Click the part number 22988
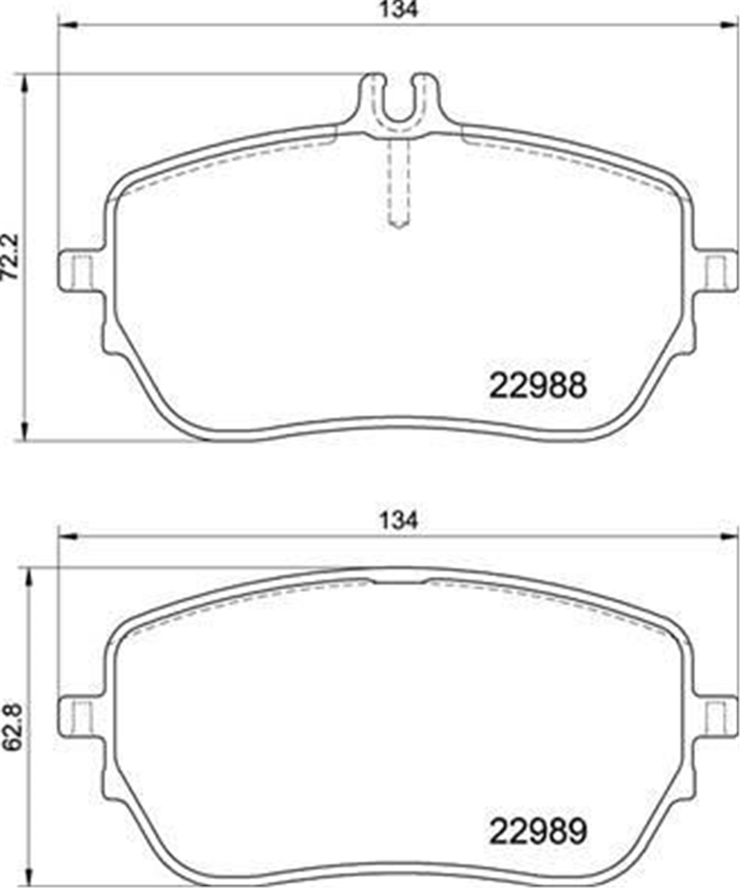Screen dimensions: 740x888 click(538, 385)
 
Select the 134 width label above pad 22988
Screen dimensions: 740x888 click(399, 10)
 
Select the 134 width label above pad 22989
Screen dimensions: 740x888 click(399, 521)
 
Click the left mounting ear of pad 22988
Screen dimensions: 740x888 click(80, 270)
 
